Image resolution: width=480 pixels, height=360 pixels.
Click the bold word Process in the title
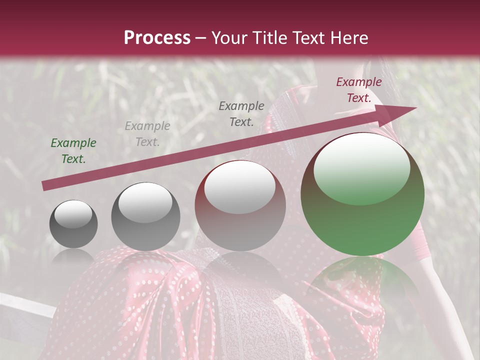157,38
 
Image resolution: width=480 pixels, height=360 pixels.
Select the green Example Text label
73,151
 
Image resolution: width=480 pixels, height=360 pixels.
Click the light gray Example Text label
147,134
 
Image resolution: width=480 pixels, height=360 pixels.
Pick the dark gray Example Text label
241,113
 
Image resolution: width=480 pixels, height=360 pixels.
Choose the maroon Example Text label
359,90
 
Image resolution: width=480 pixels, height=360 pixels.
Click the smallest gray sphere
73,224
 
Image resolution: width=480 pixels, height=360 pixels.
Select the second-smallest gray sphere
145,217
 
